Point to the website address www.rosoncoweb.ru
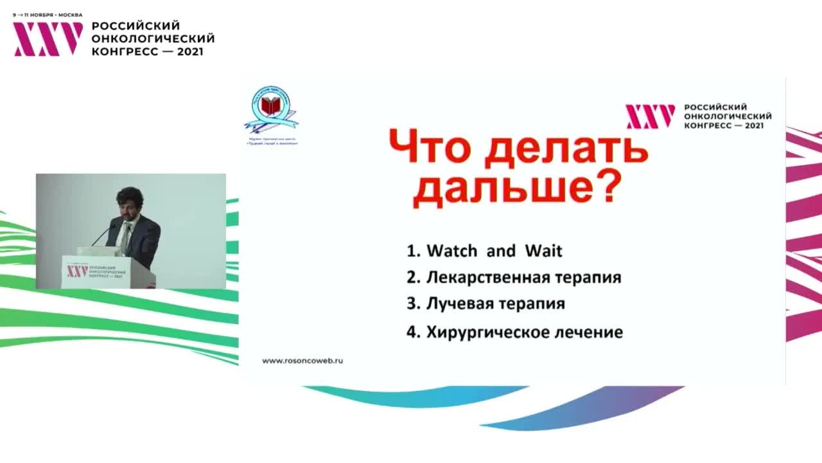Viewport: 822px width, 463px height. click(x=302, y=361)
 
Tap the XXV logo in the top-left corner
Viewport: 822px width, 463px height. click(x=48, y=39)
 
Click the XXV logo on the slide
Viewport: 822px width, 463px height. click(x=650, y=116)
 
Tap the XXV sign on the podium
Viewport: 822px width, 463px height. click(x=77, y=272)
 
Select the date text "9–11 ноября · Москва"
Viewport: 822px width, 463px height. click(x=48, y=14)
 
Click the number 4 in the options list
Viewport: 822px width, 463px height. click(x=411, y=332)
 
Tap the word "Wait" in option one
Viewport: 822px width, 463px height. click(x=543, y=251)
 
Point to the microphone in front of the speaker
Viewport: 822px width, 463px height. click(x=103, y=235)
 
